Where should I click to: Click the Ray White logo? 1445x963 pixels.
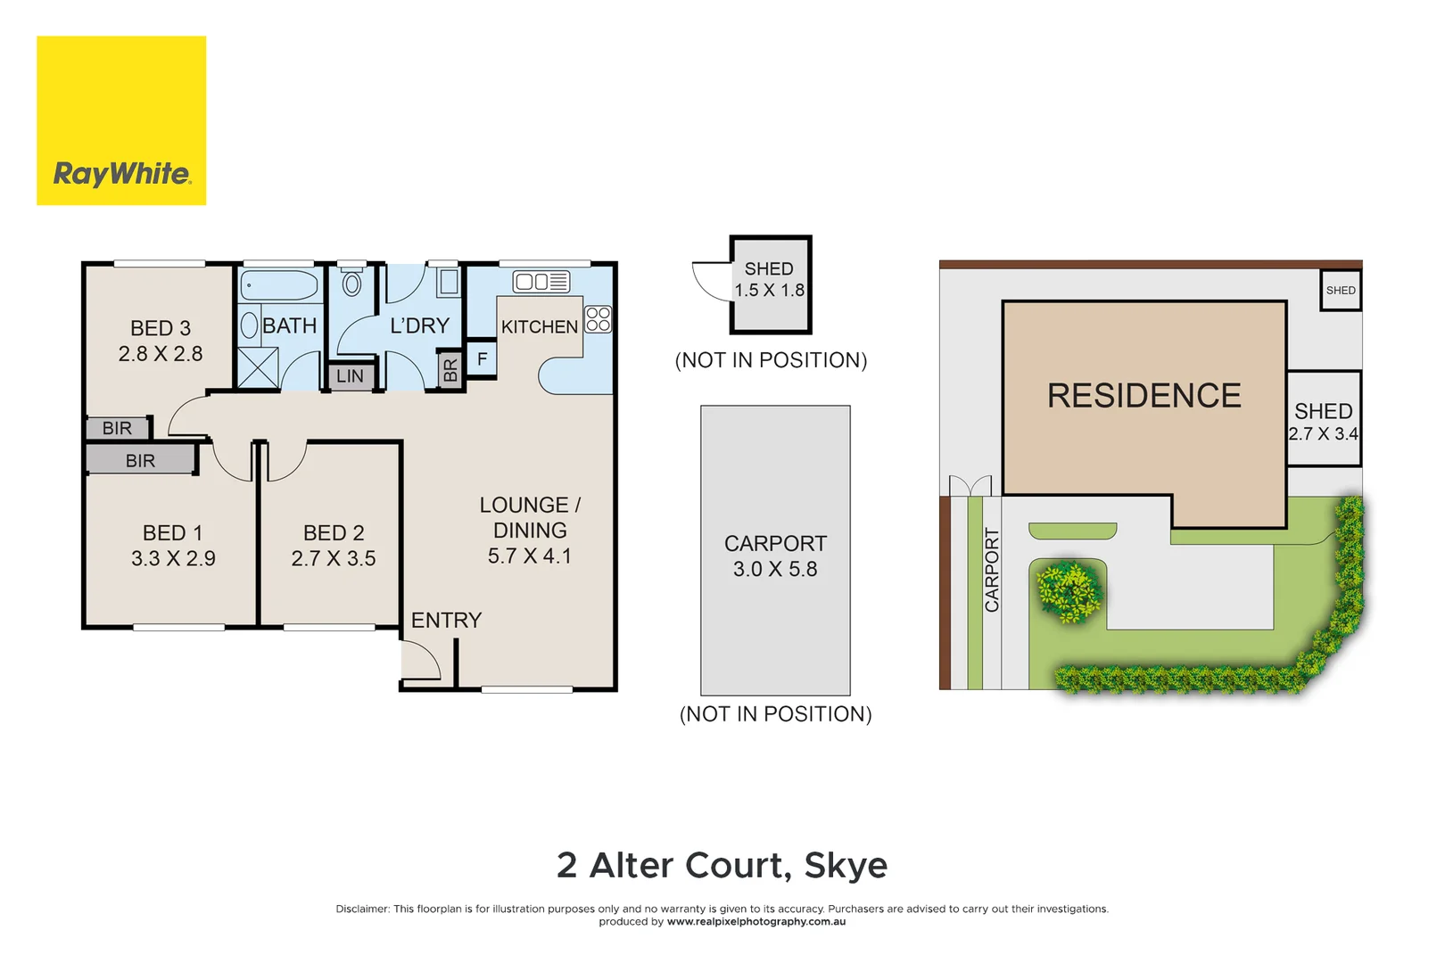121,120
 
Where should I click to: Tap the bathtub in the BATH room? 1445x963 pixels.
279,285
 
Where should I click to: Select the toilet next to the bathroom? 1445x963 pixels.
352,283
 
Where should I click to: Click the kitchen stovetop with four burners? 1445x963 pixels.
599,319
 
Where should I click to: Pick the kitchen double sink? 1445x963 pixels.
541,282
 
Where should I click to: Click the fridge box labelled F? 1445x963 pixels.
482,359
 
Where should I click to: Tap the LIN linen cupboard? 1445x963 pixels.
350,376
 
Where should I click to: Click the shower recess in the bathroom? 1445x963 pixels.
258,368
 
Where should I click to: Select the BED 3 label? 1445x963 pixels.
161,328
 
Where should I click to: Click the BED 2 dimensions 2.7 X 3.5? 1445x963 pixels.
334,559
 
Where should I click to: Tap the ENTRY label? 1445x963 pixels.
446,621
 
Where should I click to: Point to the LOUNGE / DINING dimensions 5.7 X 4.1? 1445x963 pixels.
530,556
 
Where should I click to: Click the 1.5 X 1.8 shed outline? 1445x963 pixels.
771,284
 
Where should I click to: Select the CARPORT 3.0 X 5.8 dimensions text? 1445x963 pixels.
775,570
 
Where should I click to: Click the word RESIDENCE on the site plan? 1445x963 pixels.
1144,396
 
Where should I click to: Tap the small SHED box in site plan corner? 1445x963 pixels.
1341,291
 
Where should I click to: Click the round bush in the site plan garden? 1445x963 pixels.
1069,590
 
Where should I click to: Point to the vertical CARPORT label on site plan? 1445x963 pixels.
992,570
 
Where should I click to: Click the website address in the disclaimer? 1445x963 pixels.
756,922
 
